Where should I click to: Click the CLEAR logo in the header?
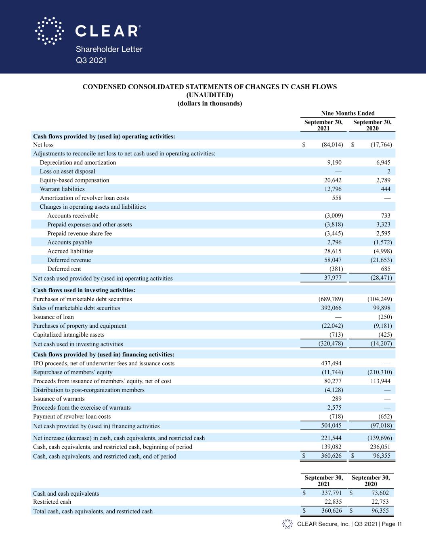coord(88,31)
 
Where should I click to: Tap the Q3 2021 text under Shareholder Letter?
coord(91,60)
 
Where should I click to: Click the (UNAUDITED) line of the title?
coord(210,95)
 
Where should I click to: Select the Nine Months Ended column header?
coord(348,113)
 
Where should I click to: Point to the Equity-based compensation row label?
coord(74,180)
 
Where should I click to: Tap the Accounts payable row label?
coord(69,243)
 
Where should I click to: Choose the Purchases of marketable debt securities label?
coord(82,299)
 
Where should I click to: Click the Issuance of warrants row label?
coord(59,399)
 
